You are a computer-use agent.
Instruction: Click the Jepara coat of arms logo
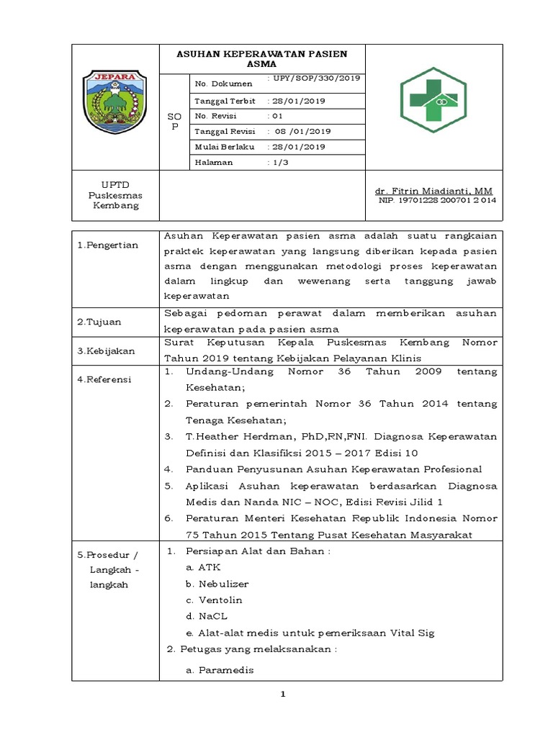point(114,102)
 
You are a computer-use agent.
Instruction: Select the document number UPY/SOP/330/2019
point(314,78)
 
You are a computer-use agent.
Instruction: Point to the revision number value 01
point(276,116)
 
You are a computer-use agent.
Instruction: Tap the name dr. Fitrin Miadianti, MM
point(433,191)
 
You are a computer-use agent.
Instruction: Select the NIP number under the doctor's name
point(437,201)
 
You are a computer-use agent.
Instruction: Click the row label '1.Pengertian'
point(108,246)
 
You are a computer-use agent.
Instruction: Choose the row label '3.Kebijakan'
point(105,351)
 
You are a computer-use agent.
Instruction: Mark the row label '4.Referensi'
point(105,379)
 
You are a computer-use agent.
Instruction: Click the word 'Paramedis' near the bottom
point(226,670)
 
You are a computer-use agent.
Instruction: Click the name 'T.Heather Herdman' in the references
point(231,437)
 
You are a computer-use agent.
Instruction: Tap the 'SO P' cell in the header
point(174,120)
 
